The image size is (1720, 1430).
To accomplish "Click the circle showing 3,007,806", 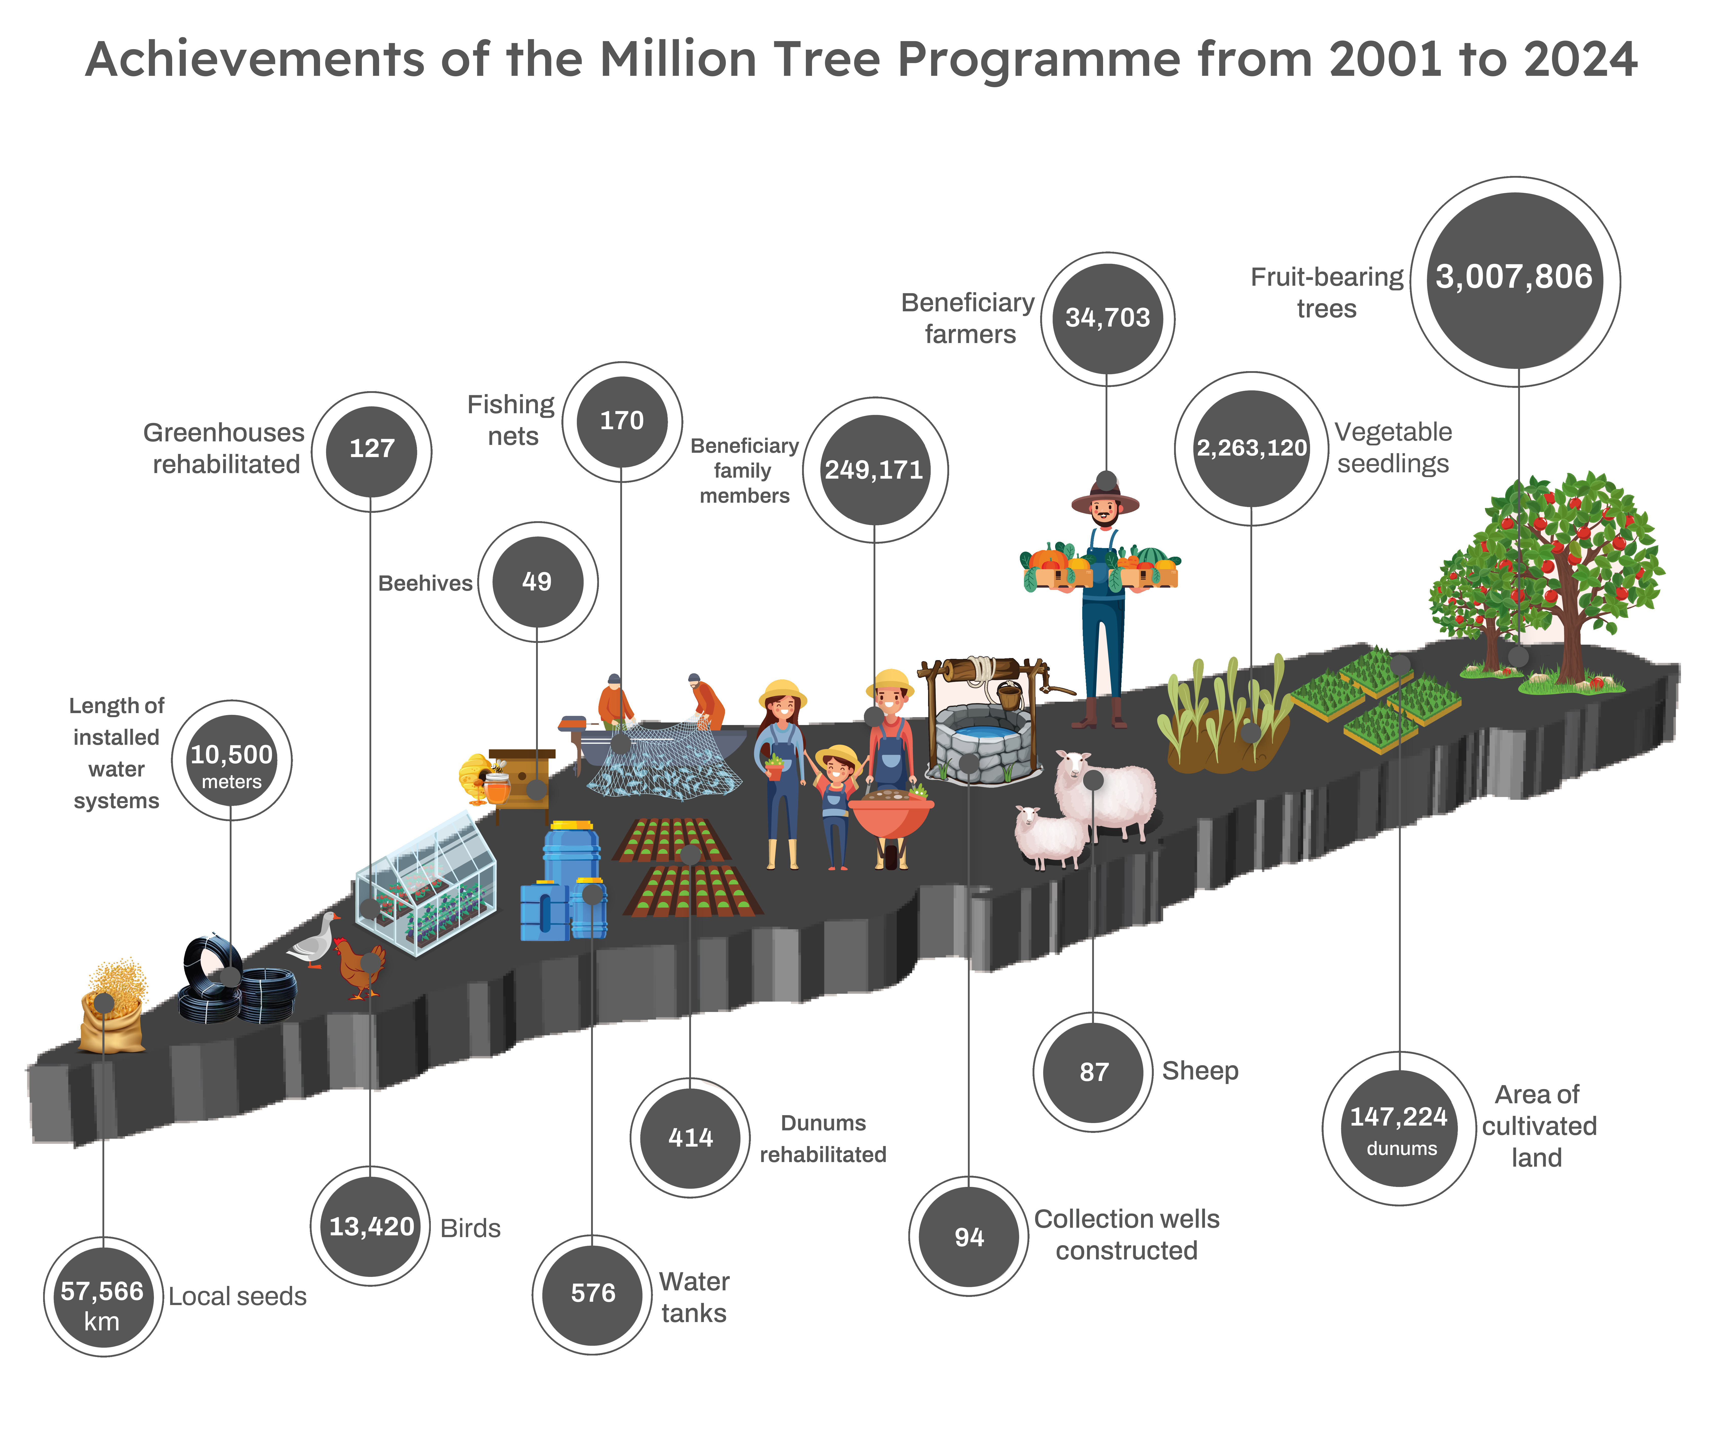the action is coord(1514,281).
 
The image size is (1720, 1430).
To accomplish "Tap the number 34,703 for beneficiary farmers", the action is coord(1107,318).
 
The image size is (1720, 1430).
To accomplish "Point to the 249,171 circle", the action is coord(875,470).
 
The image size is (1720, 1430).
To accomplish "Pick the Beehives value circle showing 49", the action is coord(537,582).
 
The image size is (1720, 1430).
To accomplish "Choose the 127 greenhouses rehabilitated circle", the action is coord(372,451).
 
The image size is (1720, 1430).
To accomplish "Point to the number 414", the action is coord(690,1138).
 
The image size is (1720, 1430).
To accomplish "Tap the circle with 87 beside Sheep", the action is coord(1093,1072).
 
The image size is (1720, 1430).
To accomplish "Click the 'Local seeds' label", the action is coord(238,1296).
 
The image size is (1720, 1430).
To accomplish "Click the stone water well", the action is coord(983,721).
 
